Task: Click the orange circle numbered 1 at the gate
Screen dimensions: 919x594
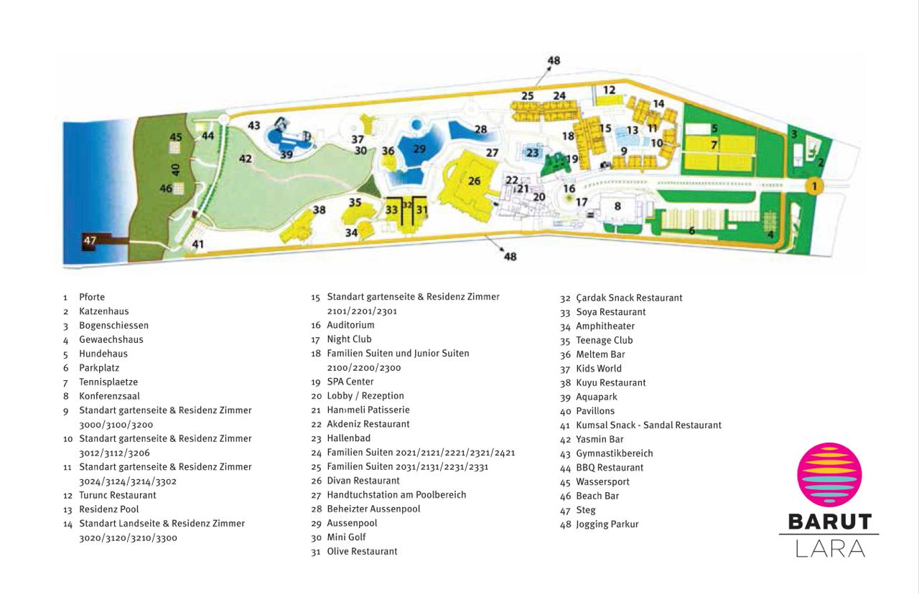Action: coord(814,186)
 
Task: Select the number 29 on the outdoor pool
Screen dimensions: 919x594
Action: coord(419,148)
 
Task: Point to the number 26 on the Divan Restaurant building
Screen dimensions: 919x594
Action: coord(475,181)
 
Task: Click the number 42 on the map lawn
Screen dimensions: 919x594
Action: coord(246,159)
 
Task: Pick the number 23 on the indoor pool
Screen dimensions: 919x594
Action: coord(532,153)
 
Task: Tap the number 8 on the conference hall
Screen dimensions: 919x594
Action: coord(617,206)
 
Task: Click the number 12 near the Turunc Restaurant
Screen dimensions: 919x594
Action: coord(610,90)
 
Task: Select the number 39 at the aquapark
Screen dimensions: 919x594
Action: coord(286,154)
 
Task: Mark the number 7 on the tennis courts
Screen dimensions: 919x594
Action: coord(714,145)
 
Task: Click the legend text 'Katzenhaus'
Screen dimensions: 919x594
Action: coord(104,311)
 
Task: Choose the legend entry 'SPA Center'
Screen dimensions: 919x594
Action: coord(350,382)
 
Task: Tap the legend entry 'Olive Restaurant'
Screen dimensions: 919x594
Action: coord(363,552)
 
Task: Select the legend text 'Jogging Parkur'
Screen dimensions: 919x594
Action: coord(607,524)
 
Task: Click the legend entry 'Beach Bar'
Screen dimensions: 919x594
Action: coord(597,496)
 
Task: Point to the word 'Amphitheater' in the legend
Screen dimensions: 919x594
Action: coord(605,326)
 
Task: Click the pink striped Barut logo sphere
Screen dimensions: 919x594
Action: coord(829,475)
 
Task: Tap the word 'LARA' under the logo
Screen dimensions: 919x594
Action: coord(831,549)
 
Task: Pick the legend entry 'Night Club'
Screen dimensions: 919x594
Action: coord(349,339)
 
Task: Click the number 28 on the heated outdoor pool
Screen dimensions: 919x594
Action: coord(481,130)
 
